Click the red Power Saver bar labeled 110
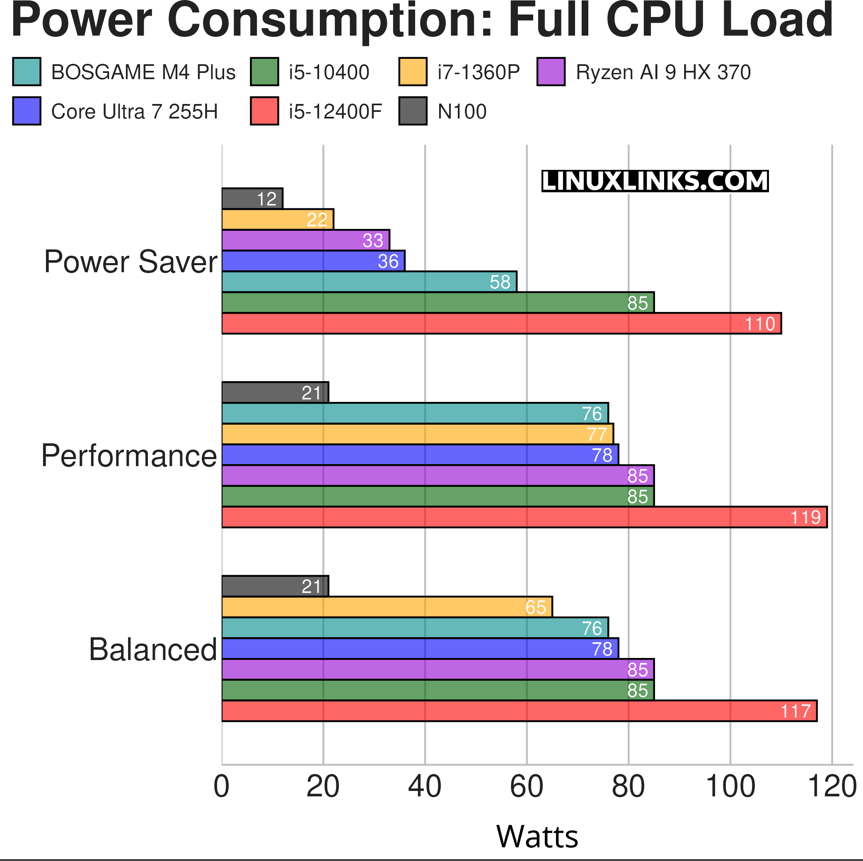click(x=501, y=324)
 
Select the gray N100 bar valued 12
click(x=252, y=198)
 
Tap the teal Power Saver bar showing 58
click(x=369, y=282)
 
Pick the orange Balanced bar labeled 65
click(x=387, y=607)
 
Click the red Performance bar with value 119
click(x=525, y=517)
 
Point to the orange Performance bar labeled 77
click(x=417, y=434)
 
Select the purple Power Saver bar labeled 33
click(x=305, y=240)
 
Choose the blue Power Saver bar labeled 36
click(x=313, y=261)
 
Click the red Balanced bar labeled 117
click(x=519, y=711)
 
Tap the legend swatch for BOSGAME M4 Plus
click(x=27, y=72)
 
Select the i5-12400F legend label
click(x=335, y=112)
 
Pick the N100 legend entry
click(x=462, y=112)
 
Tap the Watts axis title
click(x=537, y=837)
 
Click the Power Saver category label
click(x=131, y=262)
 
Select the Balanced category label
click(x=153, y=650)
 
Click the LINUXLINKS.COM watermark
click(x=655, y=181)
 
